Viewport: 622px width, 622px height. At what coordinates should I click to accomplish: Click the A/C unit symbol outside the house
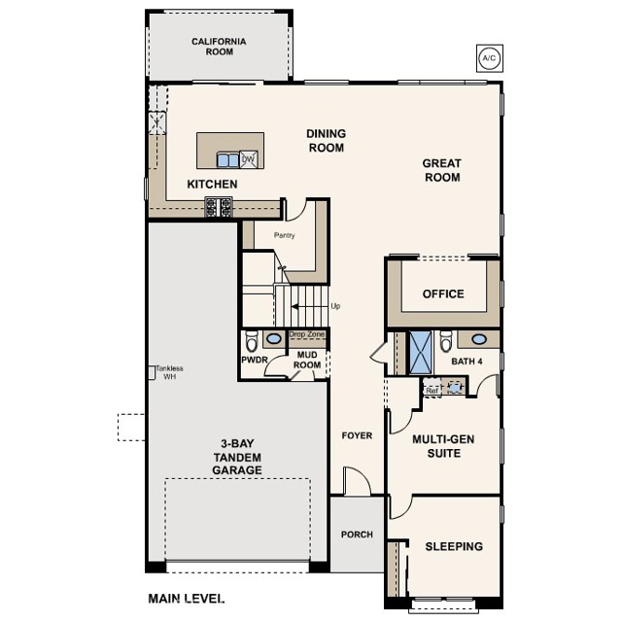(x=488, y=58)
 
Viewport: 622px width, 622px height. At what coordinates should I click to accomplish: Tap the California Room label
(x=219, y=47)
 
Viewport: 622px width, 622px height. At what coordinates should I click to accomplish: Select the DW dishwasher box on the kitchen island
(x=248, y=159)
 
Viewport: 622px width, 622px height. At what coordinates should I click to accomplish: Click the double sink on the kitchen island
(x=227, y=160)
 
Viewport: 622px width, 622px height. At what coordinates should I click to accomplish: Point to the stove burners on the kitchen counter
(x=219, y=206)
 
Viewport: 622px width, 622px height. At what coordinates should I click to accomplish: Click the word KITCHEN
(x=212, y=184)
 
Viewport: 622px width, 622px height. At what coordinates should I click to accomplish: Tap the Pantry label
(x=284, y=235)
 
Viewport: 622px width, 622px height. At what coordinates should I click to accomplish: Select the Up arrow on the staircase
(x=313, y=306)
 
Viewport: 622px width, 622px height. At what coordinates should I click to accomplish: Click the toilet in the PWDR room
(x=252, y=342)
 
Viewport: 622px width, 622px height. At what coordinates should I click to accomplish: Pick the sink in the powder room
(x=273, y=339)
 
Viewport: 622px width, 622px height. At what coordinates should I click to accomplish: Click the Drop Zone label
(x=307, y=334)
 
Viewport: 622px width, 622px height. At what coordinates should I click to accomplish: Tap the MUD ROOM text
(x=309, y=361)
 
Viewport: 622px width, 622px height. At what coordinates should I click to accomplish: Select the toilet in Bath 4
(x=446, y=341)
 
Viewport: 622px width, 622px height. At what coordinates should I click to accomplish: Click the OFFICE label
(x=443, y=294)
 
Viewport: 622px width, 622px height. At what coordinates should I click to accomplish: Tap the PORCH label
(x=357, y=536)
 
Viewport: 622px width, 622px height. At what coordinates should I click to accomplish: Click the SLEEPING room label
(x=454, y=547)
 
